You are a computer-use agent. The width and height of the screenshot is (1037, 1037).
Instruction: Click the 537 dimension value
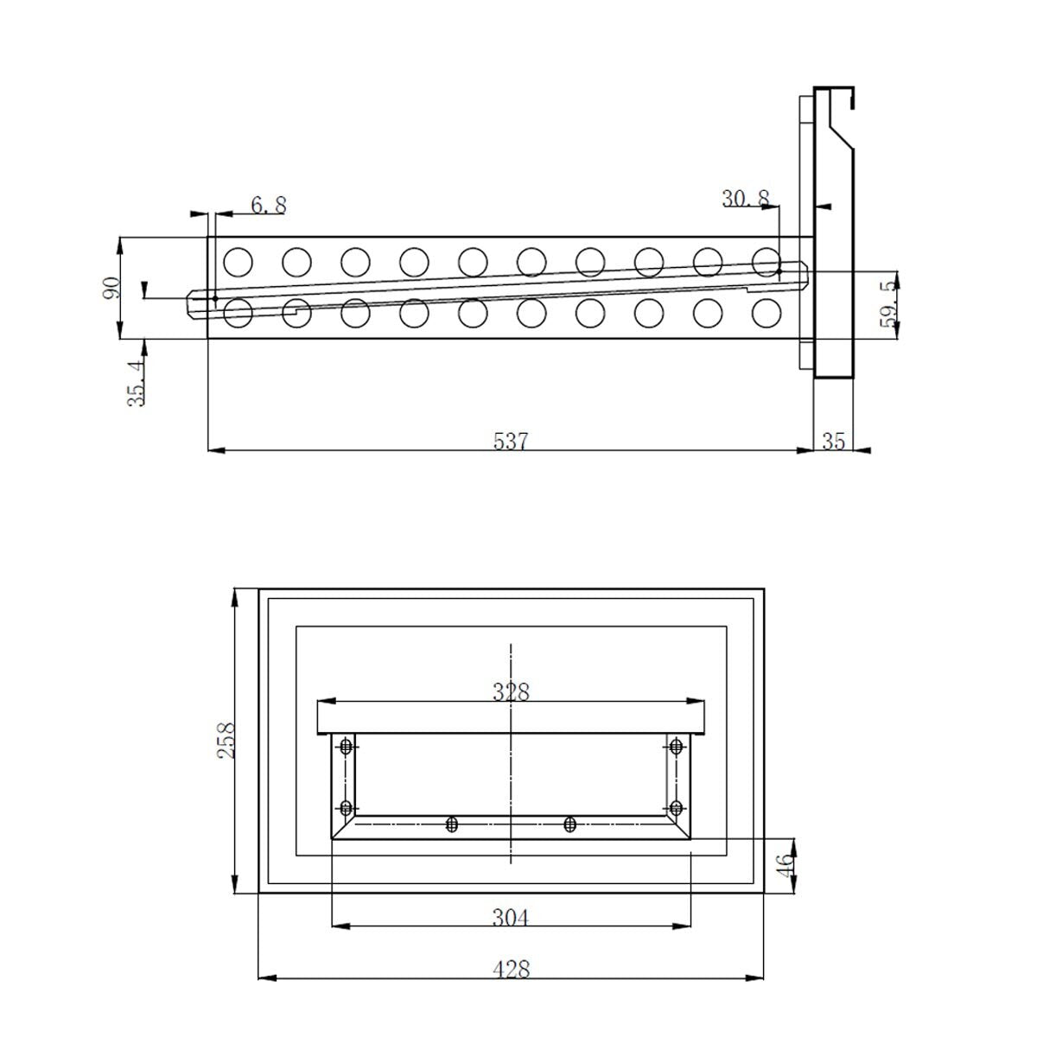[x=510, y=441]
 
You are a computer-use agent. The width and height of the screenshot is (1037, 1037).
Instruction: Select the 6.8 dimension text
[x=269, y=206]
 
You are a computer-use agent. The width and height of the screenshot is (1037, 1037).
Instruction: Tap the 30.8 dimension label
[x=746, y=198]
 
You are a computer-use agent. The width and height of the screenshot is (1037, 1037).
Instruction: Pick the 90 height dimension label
[x=111, y=287]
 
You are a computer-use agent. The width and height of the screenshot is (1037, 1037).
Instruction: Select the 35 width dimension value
[x=833, y=442]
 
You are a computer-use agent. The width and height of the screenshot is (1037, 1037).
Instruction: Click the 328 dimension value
[x=511, y=691]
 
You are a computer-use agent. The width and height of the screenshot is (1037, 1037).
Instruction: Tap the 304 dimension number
[x=510, y=917]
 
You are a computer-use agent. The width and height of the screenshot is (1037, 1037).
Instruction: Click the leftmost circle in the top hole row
[x=237, y=260]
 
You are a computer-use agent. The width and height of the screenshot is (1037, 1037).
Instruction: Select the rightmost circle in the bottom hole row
[x=767, y=312]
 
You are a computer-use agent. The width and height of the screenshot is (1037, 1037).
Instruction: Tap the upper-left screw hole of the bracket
[x=347, y=747]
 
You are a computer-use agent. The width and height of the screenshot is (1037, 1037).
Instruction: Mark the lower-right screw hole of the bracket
[x=676, y=808]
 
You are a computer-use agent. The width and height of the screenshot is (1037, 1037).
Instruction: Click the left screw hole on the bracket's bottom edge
[x=451, y=824]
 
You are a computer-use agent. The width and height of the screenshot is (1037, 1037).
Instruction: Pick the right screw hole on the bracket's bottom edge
[x=569, y=824]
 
